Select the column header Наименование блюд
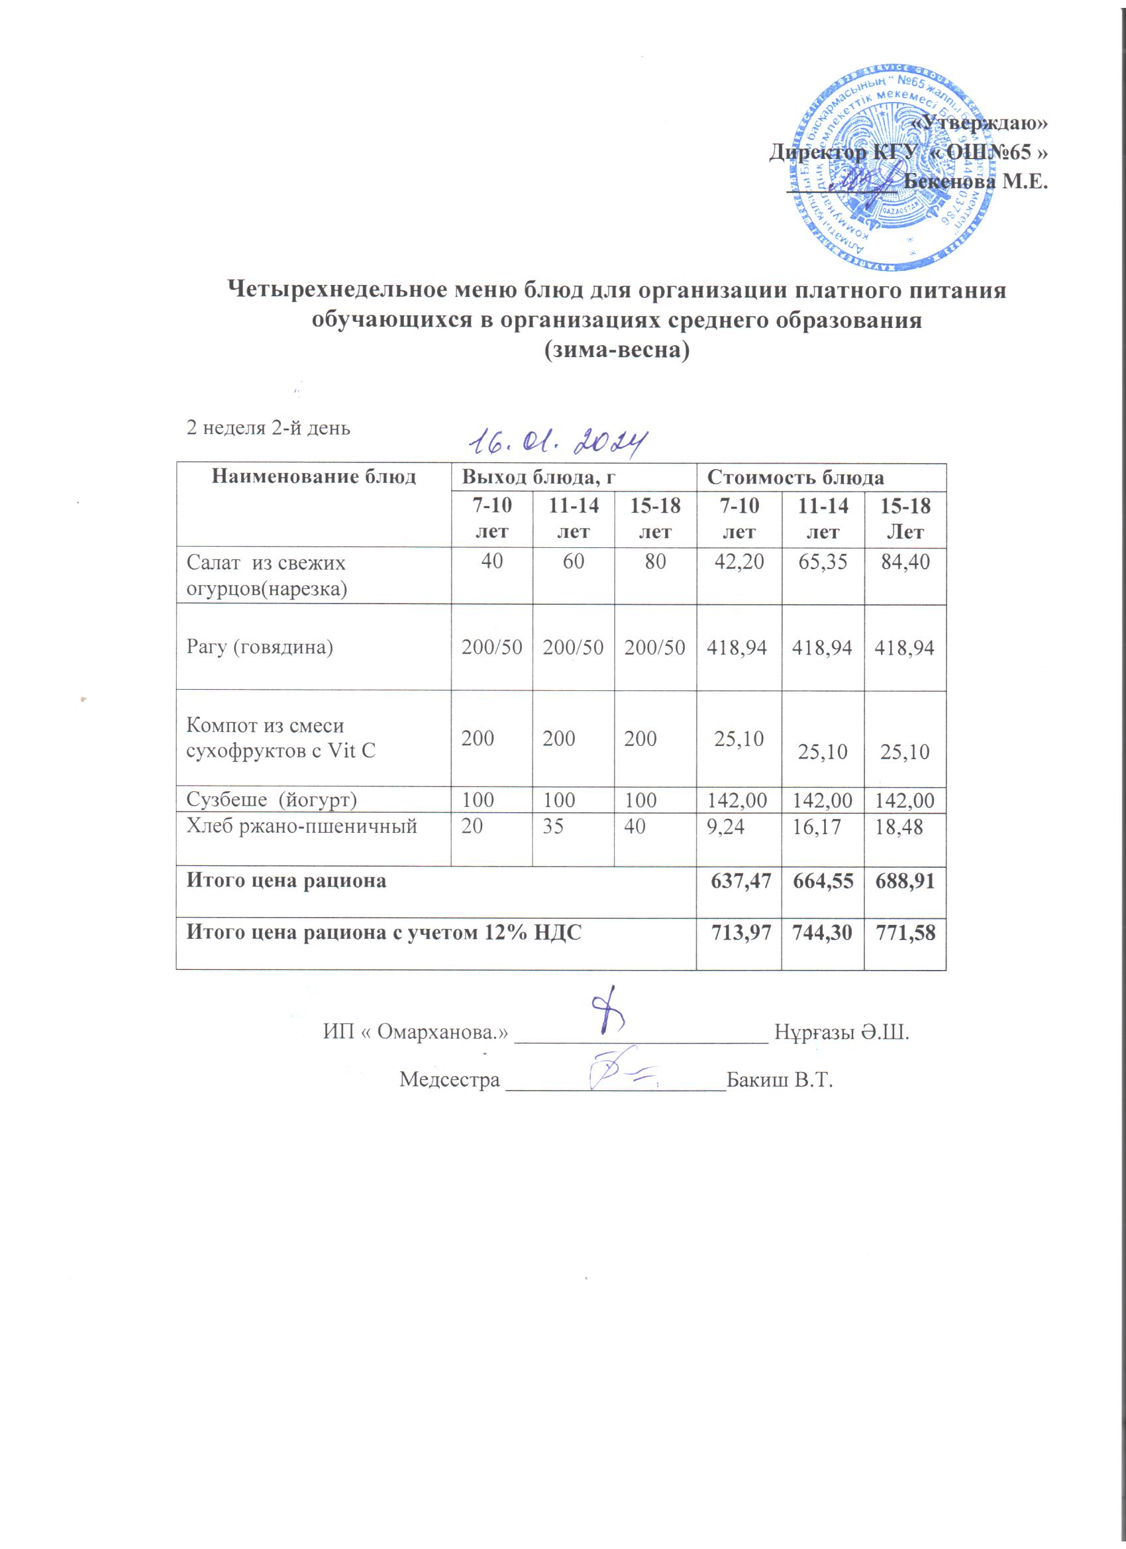tap(313, 477)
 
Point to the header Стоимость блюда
tap(795, 477)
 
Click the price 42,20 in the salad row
tap(738, 562)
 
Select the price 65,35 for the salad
tap(823, 562)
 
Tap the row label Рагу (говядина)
tap(260, 647)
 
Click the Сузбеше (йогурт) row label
tap(272, 798)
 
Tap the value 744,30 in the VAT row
tap(823, 932)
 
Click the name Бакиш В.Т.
tap(781, 1080)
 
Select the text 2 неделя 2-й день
tap(268, 428)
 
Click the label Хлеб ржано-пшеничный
tap(302, 827)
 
